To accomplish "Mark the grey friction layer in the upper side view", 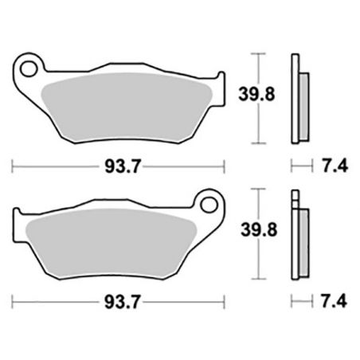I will pos(303,104).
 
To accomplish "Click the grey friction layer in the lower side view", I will pos(303,243).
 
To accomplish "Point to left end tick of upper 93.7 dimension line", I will pos(14,166).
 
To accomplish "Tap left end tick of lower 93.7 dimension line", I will pos(14,303).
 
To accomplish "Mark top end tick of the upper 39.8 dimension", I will pos(256,53).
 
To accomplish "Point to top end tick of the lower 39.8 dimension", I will pos(256,190).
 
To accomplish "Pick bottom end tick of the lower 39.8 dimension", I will pos(256,279).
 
